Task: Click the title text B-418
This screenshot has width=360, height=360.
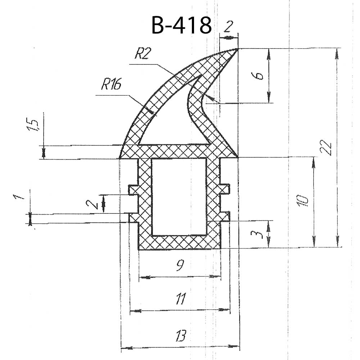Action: point(181,25)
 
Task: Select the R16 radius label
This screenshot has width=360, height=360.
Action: point(111,84)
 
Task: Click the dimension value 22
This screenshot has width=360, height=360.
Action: point(326,147)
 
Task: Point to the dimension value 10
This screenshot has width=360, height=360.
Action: point(303,201)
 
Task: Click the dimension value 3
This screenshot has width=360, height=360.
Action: point(259,234)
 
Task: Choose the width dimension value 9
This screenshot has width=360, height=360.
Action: point(180,265)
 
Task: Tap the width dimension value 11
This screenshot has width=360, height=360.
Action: point(181,299)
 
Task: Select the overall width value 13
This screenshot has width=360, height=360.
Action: point(181,336)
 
